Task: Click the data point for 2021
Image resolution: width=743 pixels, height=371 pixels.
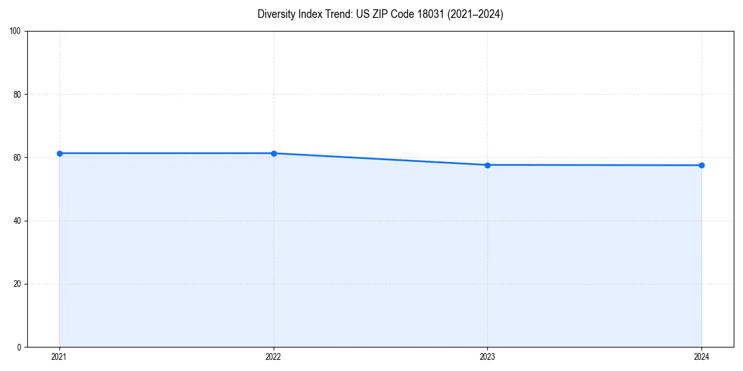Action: point(59,153)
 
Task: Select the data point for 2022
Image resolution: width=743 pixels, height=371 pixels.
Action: point(274,153)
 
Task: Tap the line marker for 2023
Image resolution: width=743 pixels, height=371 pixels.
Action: point(487,165)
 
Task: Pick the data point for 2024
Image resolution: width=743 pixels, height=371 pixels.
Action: point(702,165)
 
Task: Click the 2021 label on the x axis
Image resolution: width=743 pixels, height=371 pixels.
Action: point(59,357)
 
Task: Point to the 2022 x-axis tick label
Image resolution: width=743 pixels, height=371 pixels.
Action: point(274,357)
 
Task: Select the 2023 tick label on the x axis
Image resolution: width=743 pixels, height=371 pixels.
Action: point(487,357)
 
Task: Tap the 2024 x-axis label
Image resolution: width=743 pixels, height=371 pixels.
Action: point(702,357)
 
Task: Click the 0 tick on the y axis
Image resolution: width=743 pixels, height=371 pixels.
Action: point(19,347)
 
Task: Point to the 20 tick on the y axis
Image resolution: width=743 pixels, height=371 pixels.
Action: point(17,284)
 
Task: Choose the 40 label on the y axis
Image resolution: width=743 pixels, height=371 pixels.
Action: point(17,221)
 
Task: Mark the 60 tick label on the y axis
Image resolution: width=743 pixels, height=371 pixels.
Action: point(17,158)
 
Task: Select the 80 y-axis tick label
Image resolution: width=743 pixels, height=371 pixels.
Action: point(17,95)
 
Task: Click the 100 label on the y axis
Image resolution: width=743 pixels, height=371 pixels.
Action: point(15,32)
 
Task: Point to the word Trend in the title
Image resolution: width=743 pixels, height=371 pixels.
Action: point(334,14)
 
